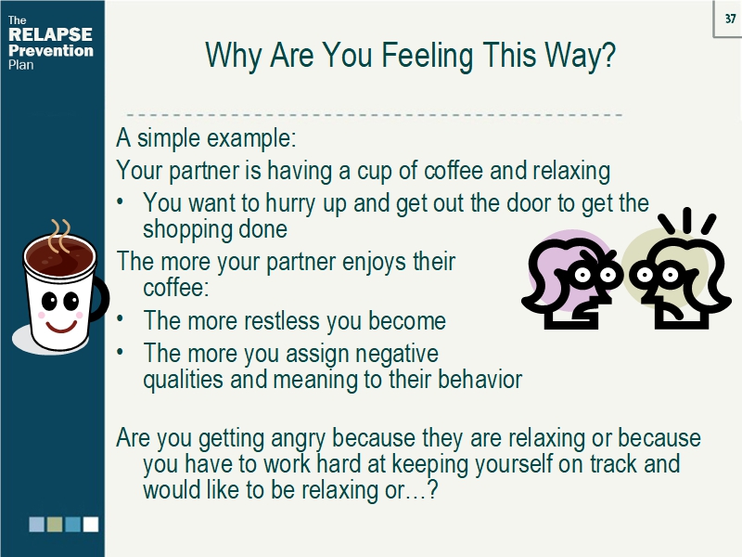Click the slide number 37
point(730,18)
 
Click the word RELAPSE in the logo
point(50,35)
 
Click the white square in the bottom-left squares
point(91,525)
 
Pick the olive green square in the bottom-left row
point(55,525)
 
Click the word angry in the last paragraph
point(299,437)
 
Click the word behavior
point(476,379)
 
